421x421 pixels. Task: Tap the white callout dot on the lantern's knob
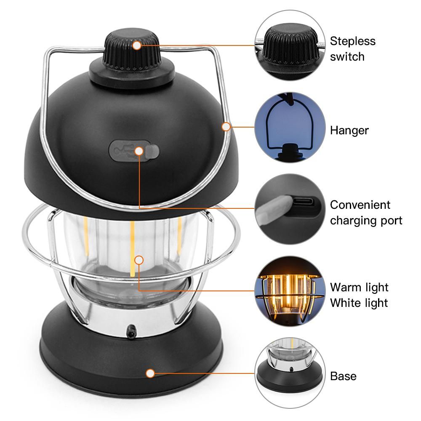pos(137,45)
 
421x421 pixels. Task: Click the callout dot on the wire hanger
pos(226,126)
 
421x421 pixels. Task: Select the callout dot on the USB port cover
pos(139,151)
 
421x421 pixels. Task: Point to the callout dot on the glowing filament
pos(139,260)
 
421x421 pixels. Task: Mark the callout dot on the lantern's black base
pos(150,373)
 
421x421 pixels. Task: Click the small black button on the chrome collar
pos(131,331)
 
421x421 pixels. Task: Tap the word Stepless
pos(352,41)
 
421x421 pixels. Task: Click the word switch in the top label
pos(347,57)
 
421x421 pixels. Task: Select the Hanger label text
pos(349,131)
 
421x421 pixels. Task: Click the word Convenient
pos(360,205)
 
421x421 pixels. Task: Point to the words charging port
pos(366,221)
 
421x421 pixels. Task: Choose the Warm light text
pos(359,287)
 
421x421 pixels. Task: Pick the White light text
pos(359,303)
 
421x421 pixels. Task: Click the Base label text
pos(344,376)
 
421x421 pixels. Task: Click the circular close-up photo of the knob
pos(290,45)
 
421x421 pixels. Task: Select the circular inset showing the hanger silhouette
pos(290,127)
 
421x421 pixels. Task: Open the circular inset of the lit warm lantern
pos(290,291)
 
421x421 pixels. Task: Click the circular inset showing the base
pos(290,373)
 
